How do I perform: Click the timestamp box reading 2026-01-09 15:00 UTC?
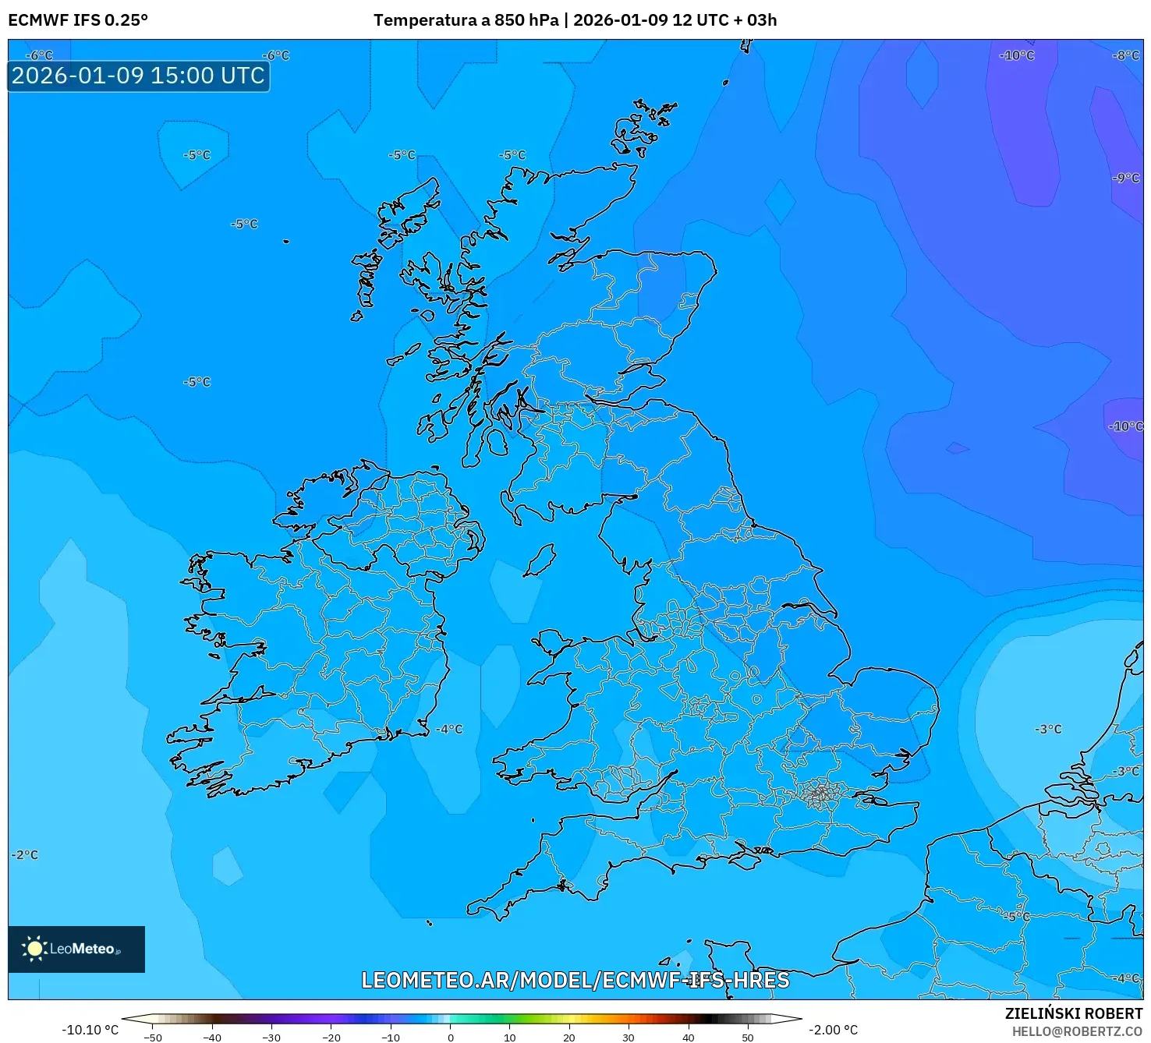138,76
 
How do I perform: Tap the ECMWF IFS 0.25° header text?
77,20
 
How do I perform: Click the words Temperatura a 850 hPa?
466,20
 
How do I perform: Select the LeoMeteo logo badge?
76,949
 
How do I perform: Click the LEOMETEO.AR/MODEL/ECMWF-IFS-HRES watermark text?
575,980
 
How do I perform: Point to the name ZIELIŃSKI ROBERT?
1073,1013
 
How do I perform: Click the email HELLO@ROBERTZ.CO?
1077,1031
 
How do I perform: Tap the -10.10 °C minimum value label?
90,1030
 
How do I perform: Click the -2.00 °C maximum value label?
833,1030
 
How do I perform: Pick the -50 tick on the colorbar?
153,1038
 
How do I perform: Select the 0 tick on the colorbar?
450,1038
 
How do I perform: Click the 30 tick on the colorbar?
628,1038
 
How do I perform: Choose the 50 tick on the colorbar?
747,1038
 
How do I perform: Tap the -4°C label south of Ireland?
449,730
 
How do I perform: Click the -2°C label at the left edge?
24,854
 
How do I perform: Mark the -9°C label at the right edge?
1125,178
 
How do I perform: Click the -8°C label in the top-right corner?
1125,55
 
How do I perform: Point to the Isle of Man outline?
540,560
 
